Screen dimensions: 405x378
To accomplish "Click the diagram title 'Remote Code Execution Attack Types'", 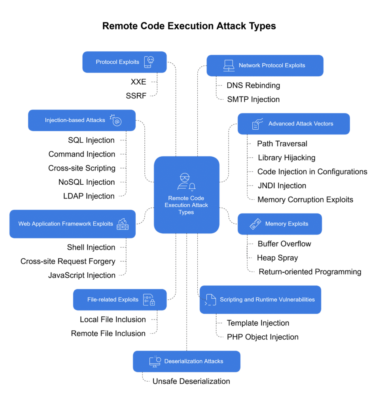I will [x=189, y=26].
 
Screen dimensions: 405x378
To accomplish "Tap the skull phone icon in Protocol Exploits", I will [x=149, y=62].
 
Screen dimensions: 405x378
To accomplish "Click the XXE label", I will [x=138, y=82].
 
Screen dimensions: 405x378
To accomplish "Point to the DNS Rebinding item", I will [x=253, y=85].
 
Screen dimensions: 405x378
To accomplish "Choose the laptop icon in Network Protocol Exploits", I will [x=229, y=65].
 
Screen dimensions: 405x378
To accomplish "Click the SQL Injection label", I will [x=91, y=140].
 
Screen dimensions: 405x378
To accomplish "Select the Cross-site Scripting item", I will [x=82, y=168].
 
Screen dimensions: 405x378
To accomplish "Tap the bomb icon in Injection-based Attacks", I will [x=116, y=120].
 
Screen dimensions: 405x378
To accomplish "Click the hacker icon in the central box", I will [x=186, y=181].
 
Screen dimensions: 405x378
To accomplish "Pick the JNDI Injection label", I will [x=282, y=185].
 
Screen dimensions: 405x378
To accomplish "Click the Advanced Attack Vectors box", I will [x=293, y=124].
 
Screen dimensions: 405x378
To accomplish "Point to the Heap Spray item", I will [x=278, y=258].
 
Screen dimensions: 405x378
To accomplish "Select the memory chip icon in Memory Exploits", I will [x=255, y=224].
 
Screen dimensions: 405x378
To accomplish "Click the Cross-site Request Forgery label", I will [x=68, y=261].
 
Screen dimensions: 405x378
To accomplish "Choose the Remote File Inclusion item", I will [x=108, y=333].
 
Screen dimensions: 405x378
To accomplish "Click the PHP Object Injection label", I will [x=263, y=337].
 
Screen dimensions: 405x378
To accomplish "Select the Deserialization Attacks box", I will [x=186, y=361].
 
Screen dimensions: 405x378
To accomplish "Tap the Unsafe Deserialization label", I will [x=191, y=381].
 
